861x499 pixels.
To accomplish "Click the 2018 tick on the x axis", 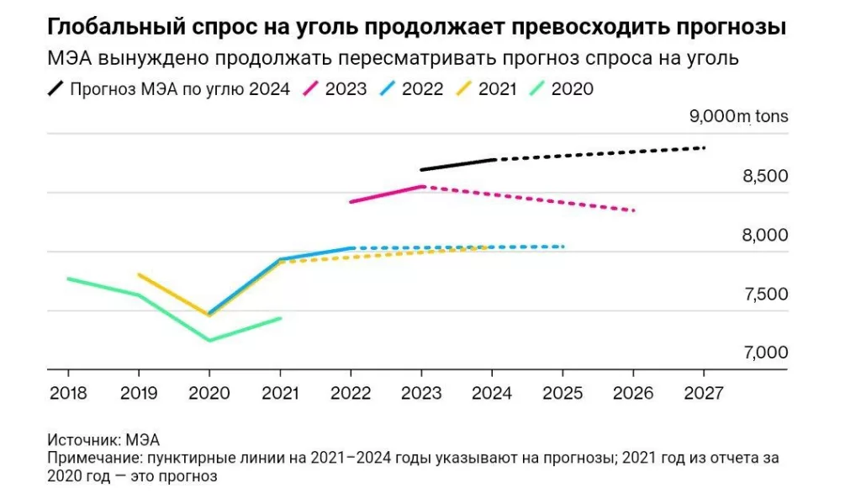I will (67, 392).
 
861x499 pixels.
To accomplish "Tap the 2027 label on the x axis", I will (703, 392).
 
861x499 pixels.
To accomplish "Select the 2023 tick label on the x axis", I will (420, 392).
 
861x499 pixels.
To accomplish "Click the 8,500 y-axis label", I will (763, 176).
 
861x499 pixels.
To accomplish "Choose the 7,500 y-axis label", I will (763, 294).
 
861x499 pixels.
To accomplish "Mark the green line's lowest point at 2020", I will (209, 340).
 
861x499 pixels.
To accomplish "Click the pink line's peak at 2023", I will (422, 186).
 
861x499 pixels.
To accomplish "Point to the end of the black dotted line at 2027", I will (703, 148).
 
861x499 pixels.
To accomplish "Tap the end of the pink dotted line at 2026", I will (632, 210).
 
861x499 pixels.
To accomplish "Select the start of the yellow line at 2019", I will (139, 274).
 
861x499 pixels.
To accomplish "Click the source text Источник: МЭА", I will (103, 439).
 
